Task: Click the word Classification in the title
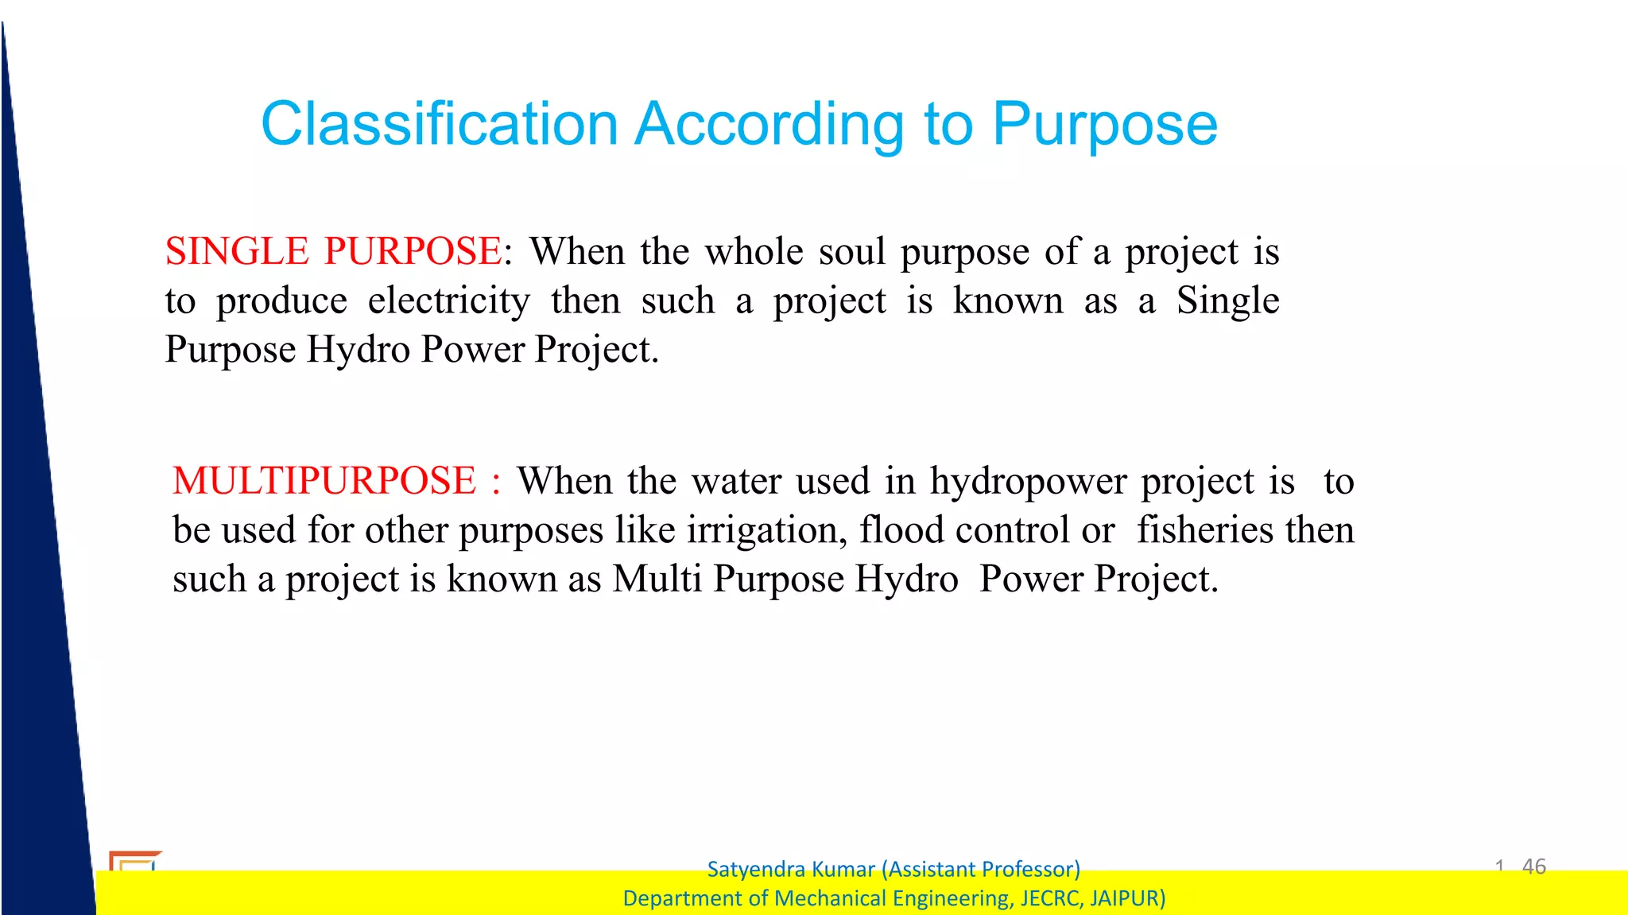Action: tap(439, 125)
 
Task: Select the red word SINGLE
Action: tap(236, 251)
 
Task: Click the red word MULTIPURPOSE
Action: tap(324, 481)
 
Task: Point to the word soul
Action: tap(851, 251)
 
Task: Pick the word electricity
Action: tap(448, 300)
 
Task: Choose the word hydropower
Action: tap(1029, 481)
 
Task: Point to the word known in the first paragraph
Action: tap(1007, 300)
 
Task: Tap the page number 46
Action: tap(1533, 866)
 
